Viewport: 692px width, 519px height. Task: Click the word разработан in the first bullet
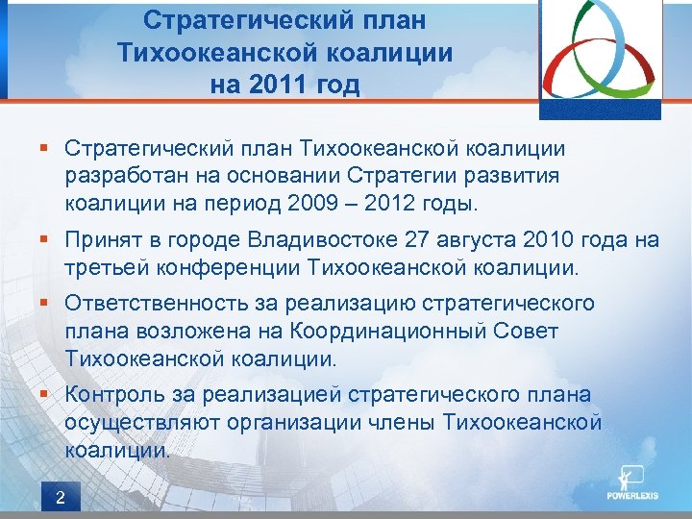[121, 177]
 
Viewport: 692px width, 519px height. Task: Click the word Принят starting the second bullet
[100, 240]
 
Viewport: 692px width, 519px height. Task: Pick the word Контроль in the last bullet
[112, 395]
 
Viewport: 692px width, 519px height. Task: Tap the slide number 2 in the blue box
[61, 497]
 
